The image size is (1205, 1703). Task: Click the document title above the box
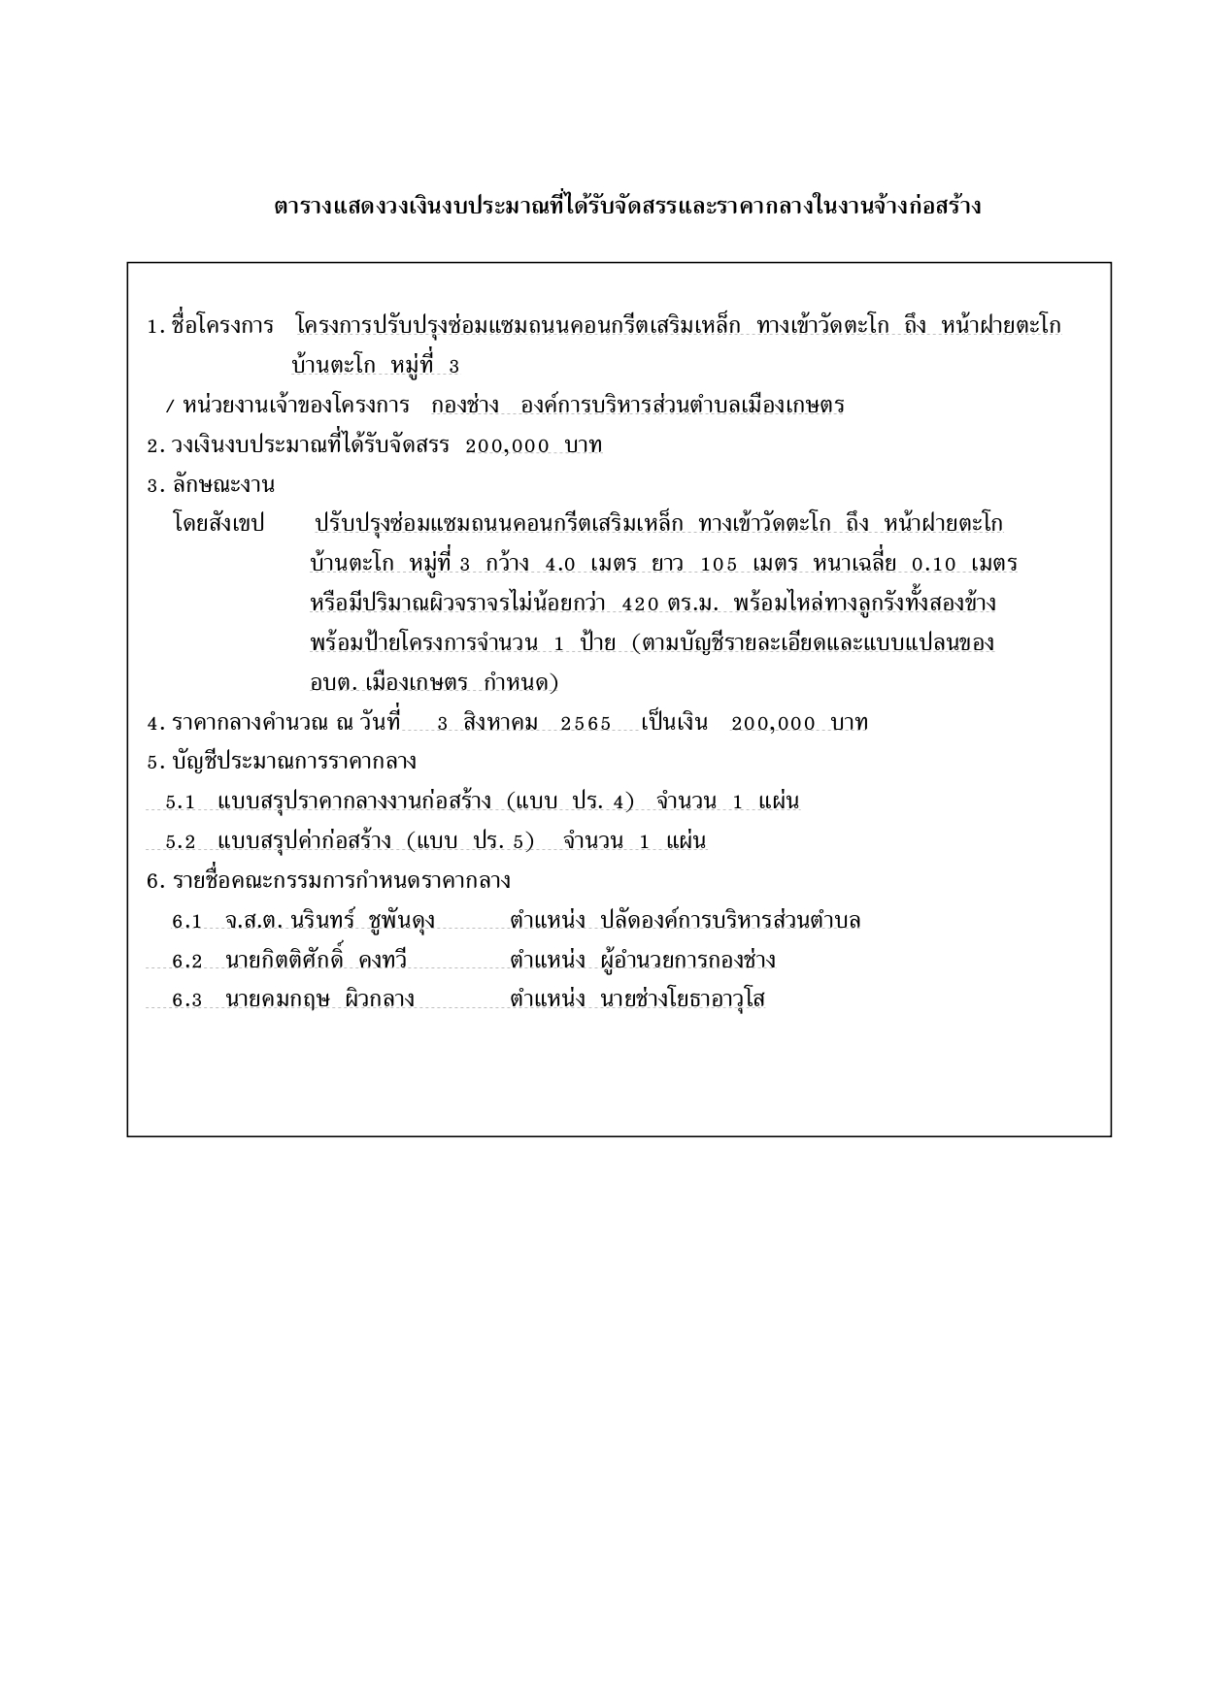627,207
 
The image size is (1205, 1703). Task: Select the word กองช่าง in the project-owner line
465,405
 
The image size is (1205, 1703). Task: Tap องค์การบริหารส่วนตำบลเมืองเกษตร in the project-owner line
683,405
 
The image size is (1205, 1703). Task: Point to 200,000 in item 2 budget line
507,445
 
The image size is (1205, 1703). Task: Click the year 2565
586,723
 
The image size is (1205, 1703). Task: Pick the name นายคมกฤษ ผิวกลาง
319,999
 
